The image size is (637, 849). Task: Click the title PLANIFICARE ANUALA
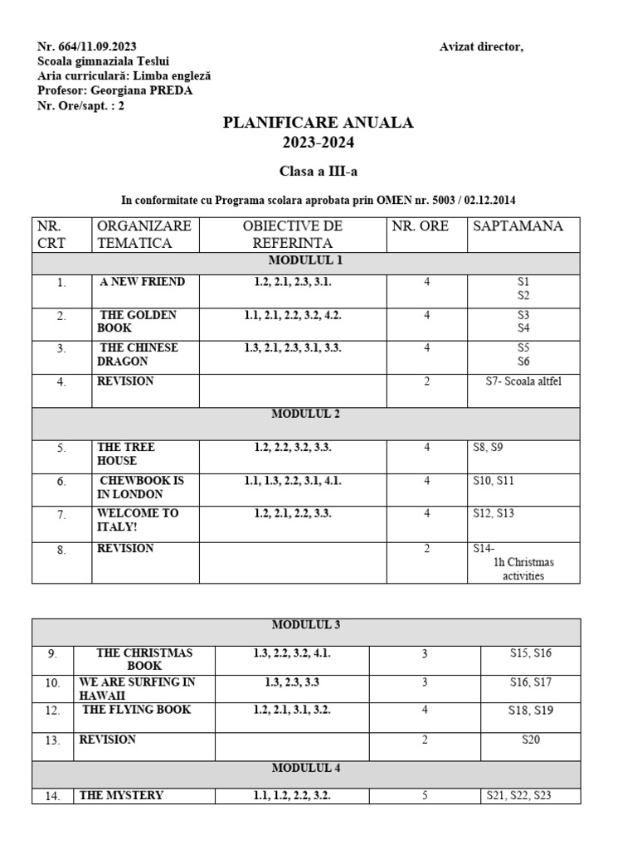click(x=318, y=123)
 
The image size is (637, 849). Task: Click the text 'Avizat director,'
click(x=481, y=46)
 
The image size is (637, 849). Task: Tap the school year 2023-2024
click(x=318, y=143)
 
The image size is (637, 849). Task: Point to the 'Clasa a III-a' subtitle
click(x=318, y=171)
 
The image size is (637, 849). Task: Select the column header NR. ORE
click(x=420, y=226)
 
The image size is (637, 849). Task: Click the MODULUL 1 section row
click(x=306, y=261)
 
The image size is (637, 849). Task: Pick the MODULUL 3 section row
click(x=306, y=625)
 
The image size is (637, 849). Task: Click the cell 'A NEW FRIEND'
click(x=142, y=282)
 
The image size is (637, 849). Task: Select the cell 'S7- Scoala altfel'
click(x=523, y=381)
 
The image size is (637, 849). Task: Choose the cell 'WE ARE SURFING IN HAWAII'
click(x=138, y=688)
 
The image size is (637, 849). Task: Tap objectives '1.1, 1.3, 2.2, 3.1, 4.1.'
click(x=293, y=481)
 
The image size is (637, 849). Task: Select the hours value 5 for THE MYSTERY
click(x=425, y=796)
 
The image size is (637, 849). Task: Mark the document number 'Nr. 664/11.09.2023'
click(x=87, y=46)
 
